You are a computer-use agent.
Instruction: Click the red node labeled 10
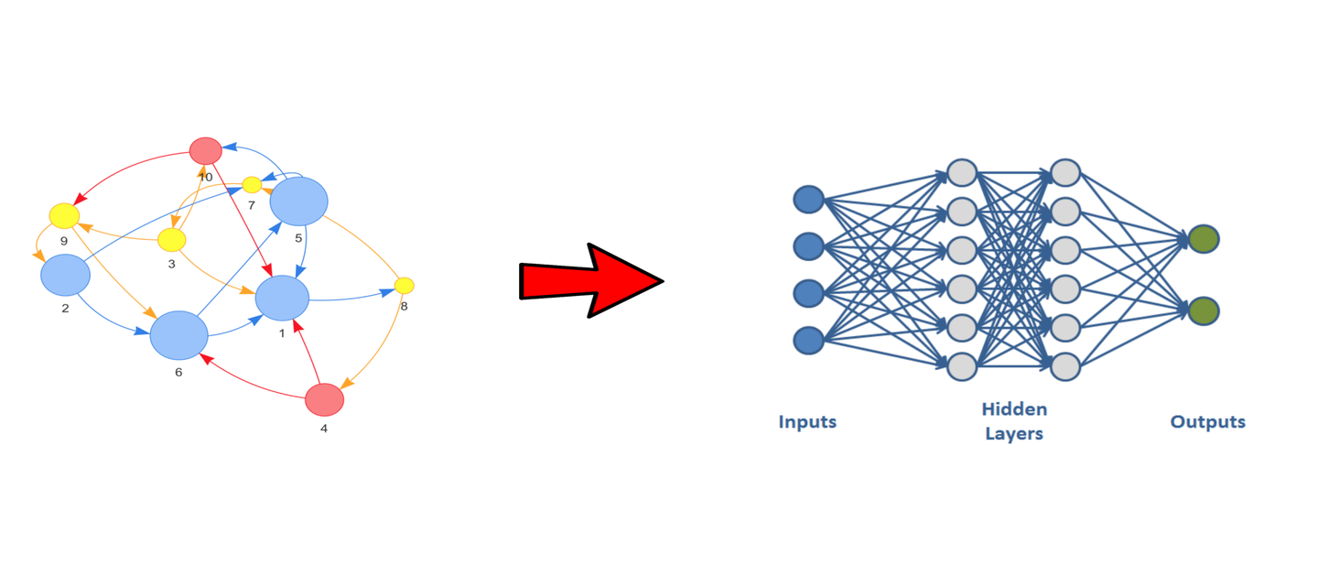point(206,150)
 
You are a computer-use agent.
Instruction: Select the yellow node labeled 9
point(64,216)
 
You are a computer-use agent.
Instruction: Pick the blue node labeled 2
point(65,275)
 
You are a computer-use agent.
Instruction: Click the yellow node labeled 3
point(171,240)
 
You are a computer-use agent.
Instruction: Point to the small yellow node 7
point(252,185)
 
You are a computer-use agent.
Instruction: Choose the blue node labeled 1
point(283,299)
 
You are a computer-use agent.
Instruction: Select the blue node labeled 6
point(179,335)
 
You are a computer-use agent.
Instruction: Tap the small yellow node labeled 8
point(405,286)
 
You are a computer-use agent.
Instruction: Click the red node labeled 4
point(324,399)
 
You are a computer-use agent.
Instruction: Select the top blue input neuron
point(808,199)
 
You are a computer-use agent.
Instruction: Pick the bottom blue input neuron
point(808,341)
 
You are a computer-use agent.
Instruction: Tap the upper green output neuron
point(1204,239)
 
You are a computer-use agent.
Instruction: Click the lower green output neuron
point(1204,310)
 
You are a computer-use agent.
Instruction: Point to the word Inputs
point(807,422)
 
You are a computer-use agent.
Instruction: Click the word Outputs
point(1207,422)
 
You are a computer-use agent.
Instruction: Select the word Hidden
point(1014,409)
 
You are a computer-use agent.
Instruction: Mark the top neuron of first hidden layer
point(962,172)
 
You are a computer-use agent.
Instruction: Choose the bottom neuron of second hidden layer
point(1065,367)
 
